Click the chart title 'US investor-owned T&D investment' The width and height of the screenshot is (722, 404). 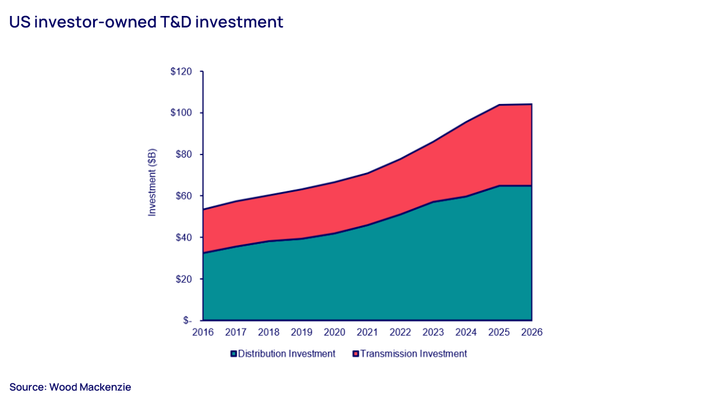146,22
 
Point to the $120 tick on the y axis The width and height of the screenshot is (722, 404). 181,71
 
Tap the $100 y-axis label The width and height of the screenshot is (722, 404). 181,113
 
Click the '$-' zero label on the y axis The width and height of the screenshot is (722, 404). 187,320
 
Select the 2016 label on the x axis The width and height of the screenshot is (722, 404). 203,333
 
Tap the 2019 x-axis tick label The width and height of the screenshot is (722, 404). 302,333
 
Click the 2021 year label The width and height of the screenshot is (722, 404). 367,333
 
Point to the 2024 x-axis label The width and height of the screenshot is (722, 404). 466,333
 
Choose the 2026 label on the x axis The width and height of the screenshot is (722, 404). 532,333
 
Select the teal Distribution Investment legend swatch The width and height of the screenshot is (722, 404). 233,354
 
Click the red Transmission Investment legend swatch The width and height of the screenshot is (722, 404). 356,354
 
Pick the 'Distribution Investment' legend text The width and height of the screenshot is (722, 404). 286,354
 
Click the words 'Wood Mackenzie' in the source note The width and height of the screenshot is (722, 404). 90,387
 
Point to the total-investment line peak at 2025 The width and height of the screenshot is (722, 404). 499,105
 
